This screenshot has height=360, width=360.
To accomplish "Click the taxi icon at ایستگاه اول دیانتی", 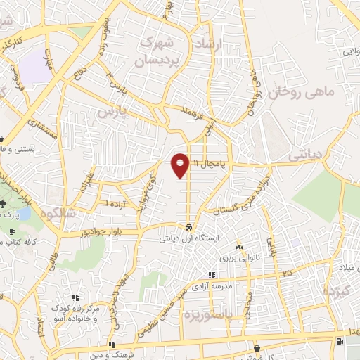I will tap(189, 227).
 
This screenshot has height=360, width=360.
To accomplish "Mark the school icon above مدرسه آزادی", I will tap(211, 275).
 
